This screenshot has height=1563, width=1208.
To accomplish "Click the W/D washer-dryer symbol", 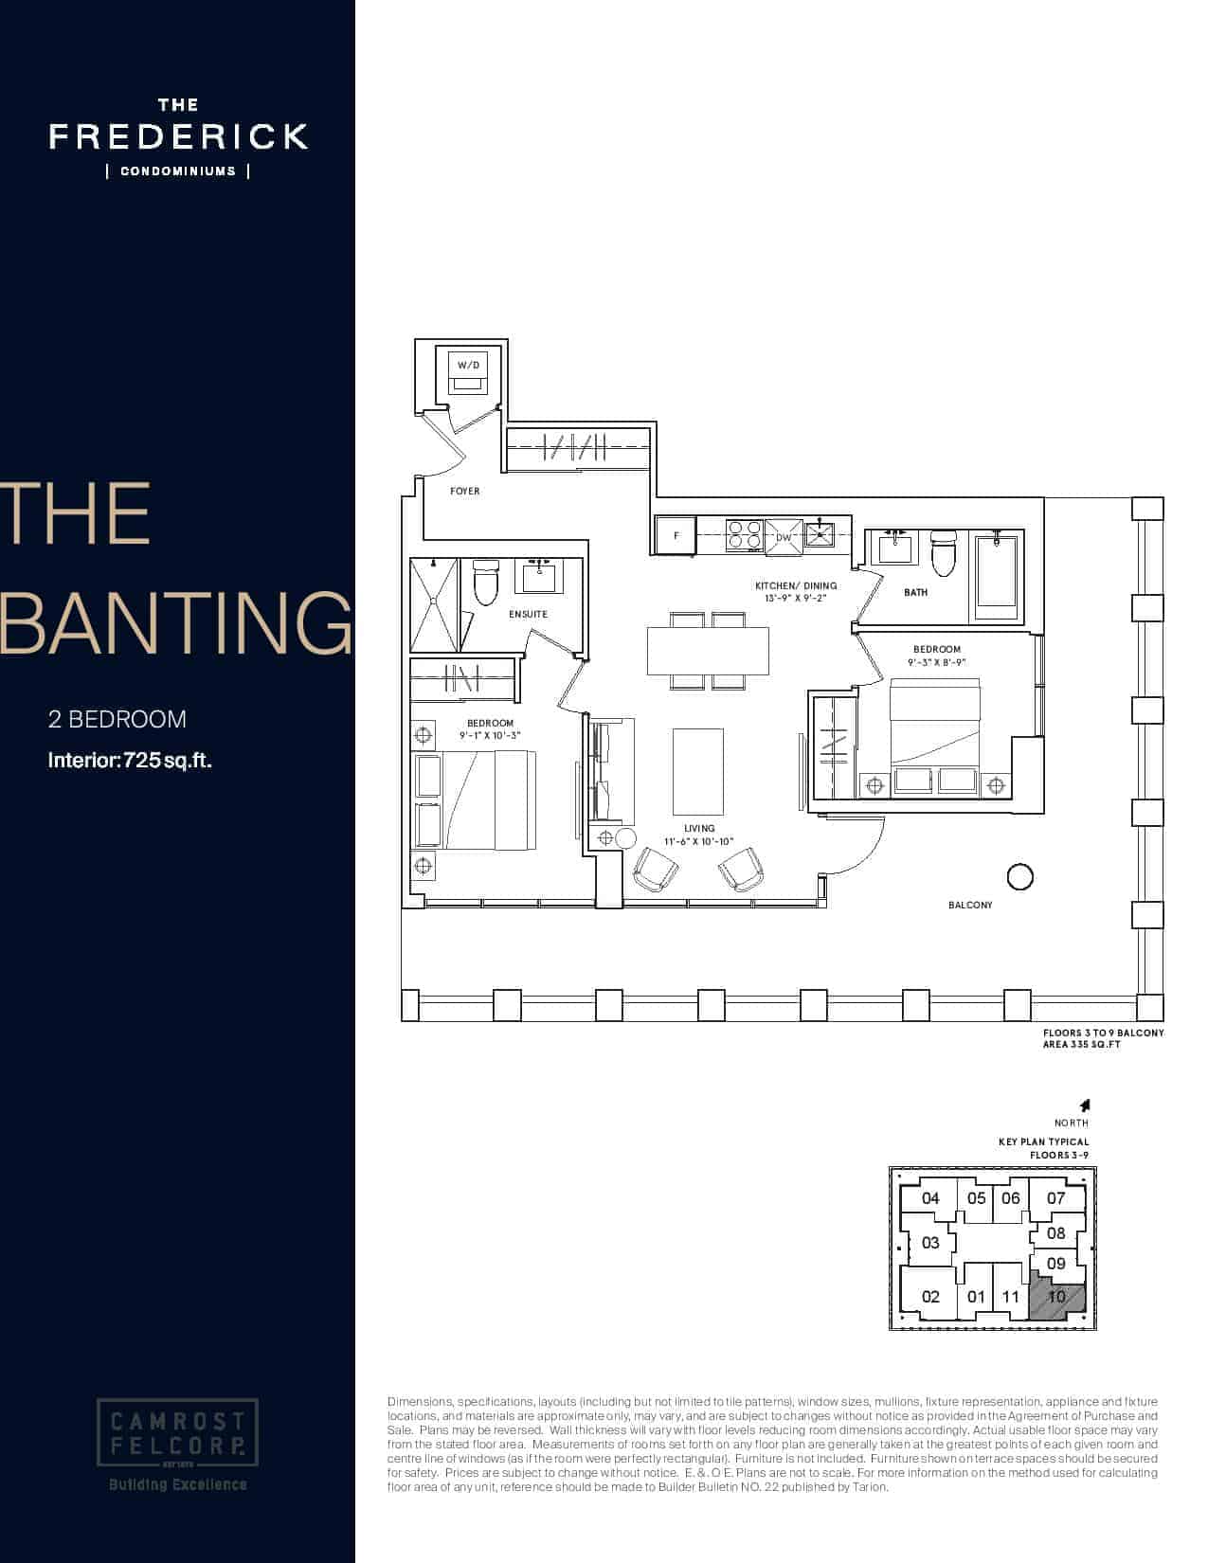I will pyautogui.click(x=468, y=372).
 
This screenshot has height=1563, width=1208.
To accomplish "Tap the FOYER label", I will pyautogui.click(x=464, y=491).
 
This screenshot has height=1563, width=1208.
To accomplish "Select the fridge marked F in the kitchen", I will pyautogui.click(x=676, y=536).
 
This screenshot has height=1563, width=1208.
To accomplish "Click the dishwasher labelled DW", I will pyautogui.click(x=784, y=536).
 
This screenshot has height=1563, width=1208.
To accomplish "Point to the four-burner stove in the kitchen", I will pyautogui.click(x=743, y=536).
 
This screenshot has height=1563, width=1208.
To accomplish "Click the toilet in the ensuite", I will pyautogui.click(x=486, y=583).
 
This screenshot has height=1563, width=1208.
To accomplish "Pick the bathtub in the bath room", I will pyautogui.click(x=996, y=570).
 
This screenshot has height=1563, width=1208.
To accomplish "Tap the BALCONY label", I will pyautogui.click(x=970, y=906).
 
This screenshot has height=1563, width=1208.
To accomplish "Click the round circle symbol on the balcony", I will pyautogui.click(x=1019, y=877).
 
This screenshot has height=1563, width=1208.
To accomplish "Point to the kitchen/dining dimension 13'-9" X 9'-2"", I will pyautogui.click(x=795, y=599).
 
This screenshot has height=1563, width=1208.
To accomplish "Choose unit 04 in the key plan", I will pyautogui.click(x=930, y=1198).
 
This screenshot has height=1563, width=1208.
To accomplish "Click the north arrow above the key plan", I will pyautogui.click(x=1085, y=1105).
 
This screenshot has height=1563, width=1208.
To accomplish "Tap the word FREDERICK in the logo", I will pyautogui.click(x=178, y=136).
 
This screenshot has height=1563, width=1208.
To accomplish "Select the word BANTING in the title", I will pyautogui.click(x=176, y=622).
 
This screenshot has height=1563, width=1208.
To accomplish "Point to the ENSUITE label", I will pyautogui.click(x=528, y=615).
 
